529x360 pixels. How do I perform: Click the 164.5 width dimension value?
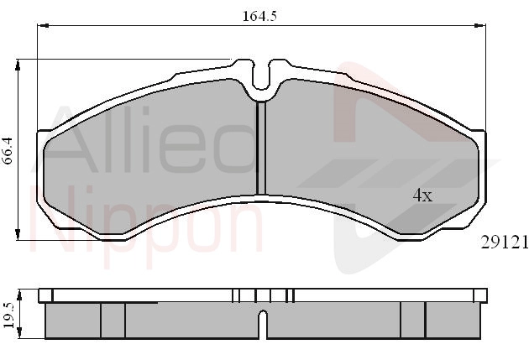(259, 16)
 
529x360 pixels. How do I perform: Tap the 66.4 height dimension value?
(8, 150)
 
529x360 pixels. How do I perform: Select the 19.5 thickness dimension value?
(8, 316)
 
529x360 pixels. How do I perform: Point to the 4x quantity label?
(422, 196)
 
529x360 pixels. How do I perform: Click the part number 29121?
(505, 242)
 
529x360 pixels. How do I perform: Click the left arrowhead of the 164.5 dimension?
(43, 25)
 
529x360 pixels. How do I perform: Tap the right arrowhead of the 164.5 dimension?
(479, 25)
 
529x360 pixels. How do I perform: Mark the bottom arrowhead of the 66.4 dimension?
(18, 235)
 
